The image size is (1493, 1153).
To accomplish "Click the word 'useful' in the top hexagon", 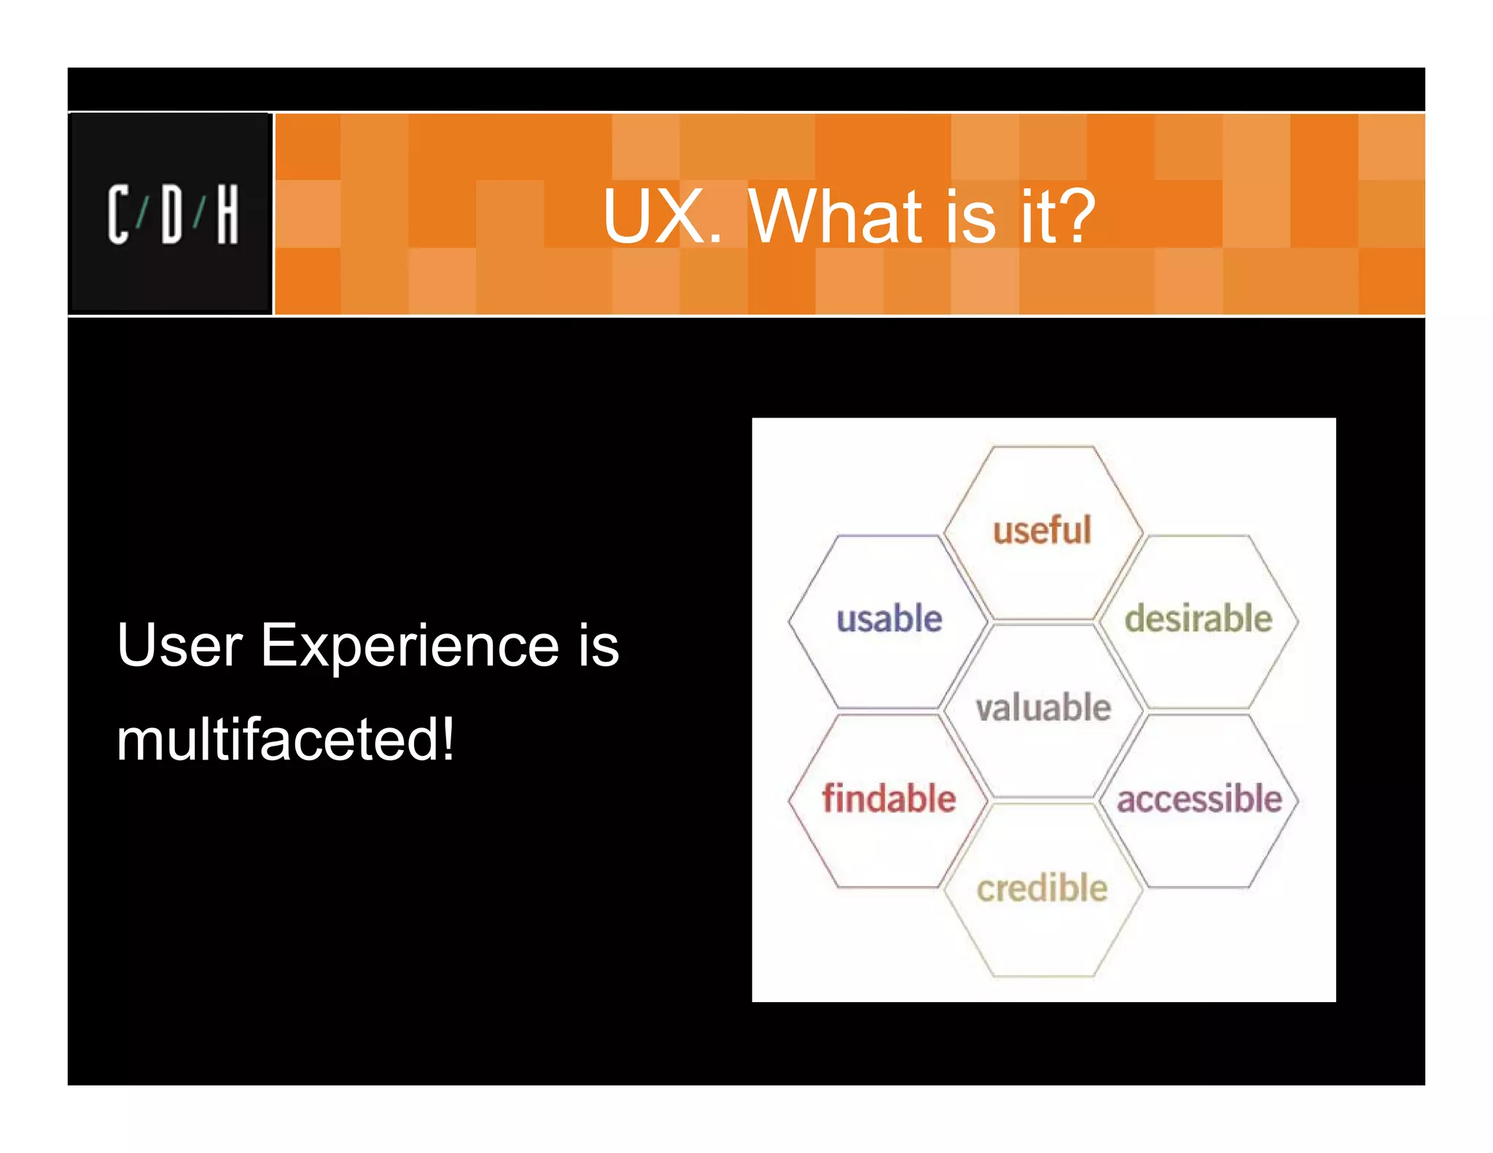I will [x=1042, y=530].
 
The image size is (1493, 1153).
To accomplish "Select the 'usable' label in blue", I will [x=889, y=619].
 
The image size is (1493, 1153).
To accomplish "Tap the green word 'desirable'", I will [x=1198, y=619].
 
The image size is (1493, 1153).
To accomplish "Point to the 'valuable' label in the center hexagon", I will [x=1043, y=708].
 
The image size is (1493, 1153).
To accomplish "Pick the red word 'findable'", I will [x=889, y=798].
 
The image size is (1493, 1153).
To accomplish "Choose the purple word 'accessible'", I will [x=1199, y=799].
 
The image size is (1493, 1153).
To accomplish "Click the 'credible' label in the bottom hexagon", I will [x=1042, y=888].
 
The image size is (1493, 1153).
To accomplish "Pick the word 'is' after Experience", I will [x=599, y=646].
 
